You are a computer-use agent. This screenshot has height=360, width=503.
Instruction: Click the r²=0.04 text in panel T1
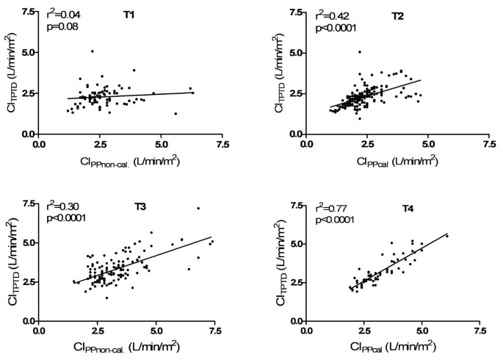[64, 13]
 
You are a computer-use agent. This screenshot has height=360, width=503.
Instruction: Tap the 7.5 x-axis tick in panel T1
[215, 145]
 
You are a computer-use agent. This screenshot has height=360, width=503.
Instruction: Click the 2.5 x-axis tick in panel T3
[97, 331]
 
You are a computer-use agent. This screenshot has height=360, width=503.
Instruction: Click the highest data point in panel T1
[93, 51]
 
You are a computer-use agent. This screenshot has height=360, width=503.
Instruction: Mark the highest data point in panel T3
[198, 209]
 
